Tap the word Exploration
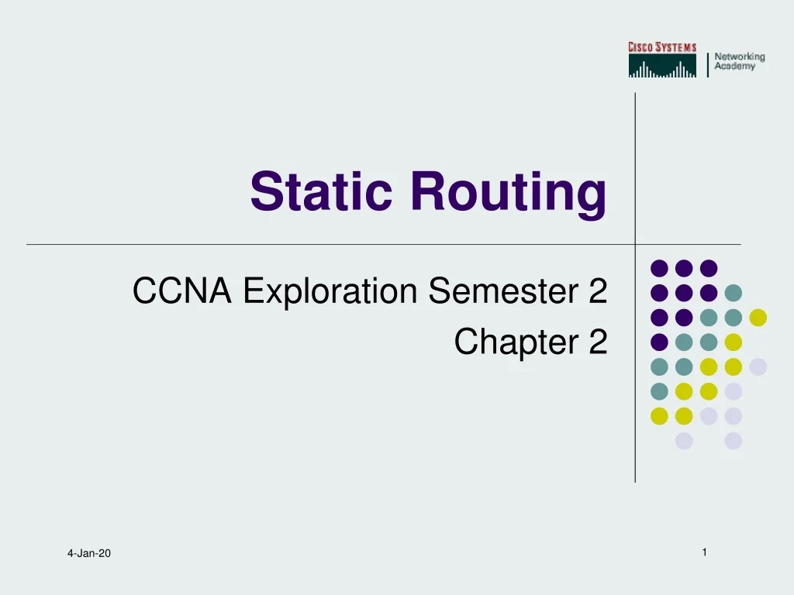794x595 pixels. [332, 293]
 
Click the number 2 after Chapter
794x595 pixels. [597, 342]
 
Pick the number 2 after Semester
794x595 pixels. [597, 291]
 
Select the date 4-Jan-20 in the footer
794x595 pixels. [88, 553]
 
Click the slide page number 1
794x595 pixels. [704, 552]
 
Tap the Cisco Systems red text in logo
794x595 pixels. [662, 47]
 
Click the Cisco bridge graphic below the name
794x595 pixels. [662, 67]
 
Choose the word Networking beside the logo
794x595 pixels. [739, 57]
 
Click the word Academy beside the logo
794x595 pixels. [734, 67]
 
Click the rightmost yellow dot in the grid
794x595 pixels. [758, 317]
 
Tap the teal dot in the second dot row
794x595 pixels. [733, 293]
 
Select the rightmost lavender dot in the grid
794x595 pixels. [758, 366]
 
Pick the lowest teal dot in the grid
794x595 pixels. [659, 391]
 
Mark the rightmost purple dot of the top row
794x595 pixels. [708, 268]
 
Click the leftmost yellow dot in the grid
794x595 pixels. [659, 416]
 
